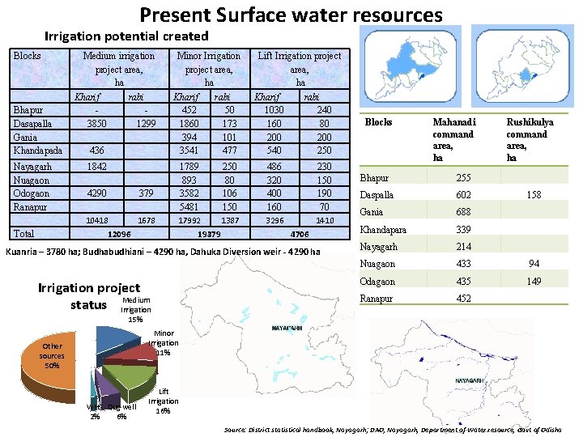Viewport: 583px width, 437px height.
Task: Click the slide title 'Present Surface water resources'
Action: click(x=291, y=15)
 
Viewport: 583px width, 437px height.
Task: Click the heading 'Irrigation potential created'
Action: click(x=126, y=36)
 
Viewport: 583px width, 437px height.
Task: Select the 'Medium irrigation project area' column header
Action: click(x=119, y=69)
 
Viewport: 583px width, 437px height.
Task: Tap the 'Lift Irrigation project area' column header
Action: click(x=300, y=69)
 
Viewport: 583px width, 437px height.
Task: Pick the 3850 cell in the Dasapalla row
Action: click(x=96, y=123)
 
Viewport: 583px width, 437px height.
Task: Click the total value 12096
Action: click(x=119, y=234)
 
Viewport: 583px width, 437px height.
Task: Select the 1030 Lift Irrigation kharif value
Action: click(x=273, y=110)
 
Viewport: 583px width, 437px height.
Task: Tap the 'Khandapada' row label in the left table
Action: click(x=37, y=151)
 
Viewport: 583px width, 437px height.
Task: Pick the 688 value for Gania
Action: click(x=463, y=212)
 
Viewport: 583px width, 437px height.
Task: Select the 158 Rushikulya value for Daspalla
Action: click(x=533, y=195)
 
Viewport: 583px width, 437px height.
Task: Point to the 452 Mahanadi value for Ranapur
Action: click(x=463, y=298)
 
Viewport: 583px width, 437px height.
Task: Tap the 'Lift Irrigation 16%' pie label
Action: click(x=163, y=401)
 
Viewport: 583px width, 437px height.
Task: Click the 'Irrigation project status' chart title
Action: click(x=89, y=295)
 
